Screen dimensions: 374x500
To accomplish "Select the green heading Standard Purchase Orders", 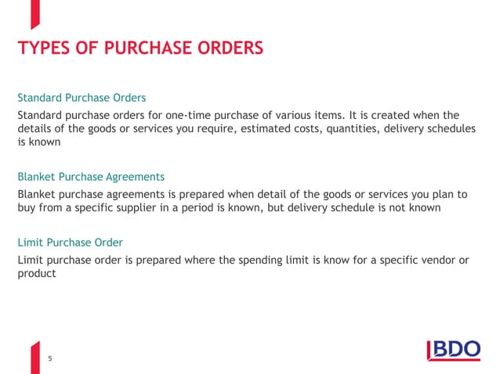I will pos(82,99).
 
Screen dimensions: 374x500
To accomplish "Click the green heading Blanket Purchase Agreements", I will pos(91,176).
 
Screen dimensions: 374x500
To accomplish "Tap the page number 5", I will pos(50,358).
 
